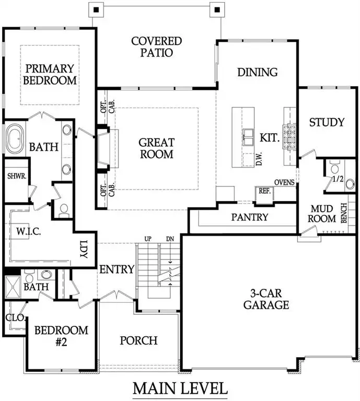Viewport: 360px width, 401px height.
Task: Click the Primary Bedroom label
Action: [x=51, y=74]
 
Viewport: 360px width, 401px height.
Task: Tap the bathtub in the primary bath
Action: [x=19, y=139]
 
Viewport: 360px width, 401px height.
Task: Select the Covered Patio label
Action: [x=156, y=46]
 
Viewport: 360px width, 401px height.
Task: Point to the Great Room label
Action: [x=156, y=148]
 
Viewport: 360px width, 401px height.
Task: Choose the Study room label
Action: [x=327, y=122]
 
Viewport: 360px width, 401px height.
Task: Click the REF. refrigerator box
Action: [x=264, y=191]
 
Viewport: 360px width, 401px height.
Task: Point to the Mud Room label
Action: [x=322, y=214]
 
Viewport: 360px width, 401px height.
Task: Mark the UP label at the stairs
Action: [x=148, y=239]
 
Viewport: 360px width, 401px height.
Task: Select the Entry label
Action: [x=117, y=269]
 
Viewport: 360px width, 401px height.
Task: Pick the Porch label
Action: [x=138, y=340]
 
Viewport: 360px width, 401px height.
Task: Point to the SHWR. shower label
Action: [x=14, y=176]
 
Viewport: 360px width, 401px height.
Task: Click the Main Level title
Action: [x=180, y=388]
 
